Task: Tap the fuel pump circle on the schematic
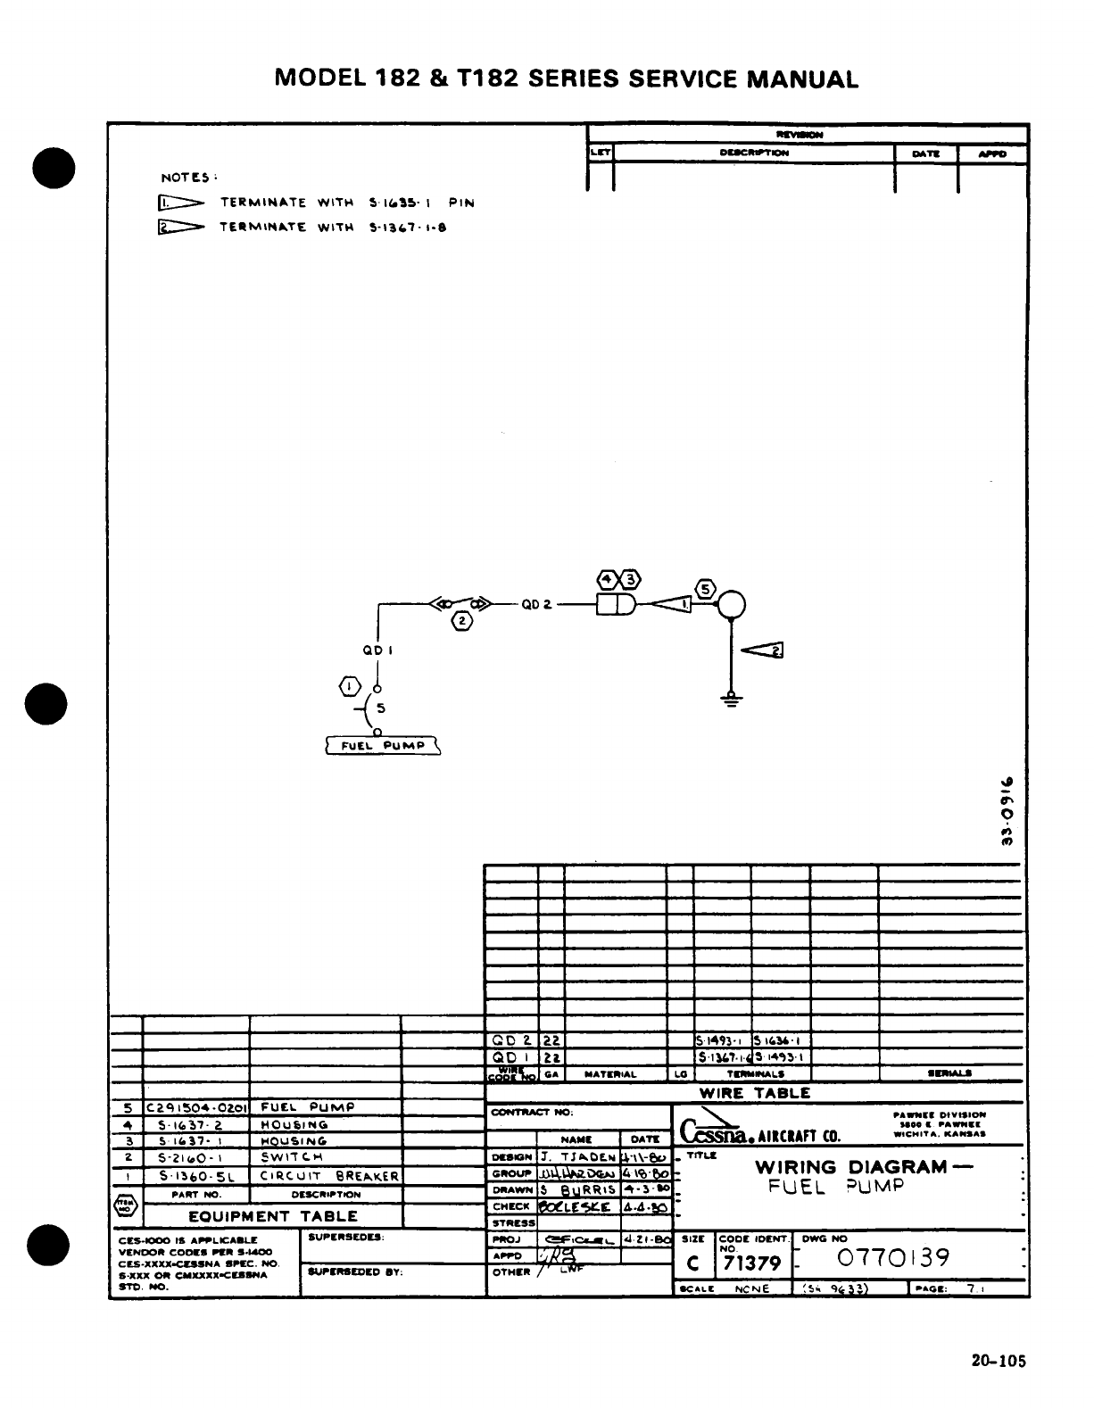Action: [x=732, y=604]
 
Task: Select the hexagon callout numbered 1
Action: [x=351, y=686]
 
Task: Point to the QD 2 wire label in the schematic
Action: [x=537, y=604]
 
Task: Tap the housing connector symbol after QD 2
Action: [x=616, y=604]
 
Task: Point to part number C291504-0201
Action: [x=196, y=1107]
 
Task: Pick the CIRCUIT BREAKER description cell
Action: [x=327, y=1176]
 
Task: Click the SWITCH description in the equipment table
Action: [x=292, y=1157]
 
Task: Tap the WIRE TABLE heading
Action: [x=754, y=1092]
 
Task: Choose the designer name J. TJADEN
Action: [x=579, y=1157]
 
